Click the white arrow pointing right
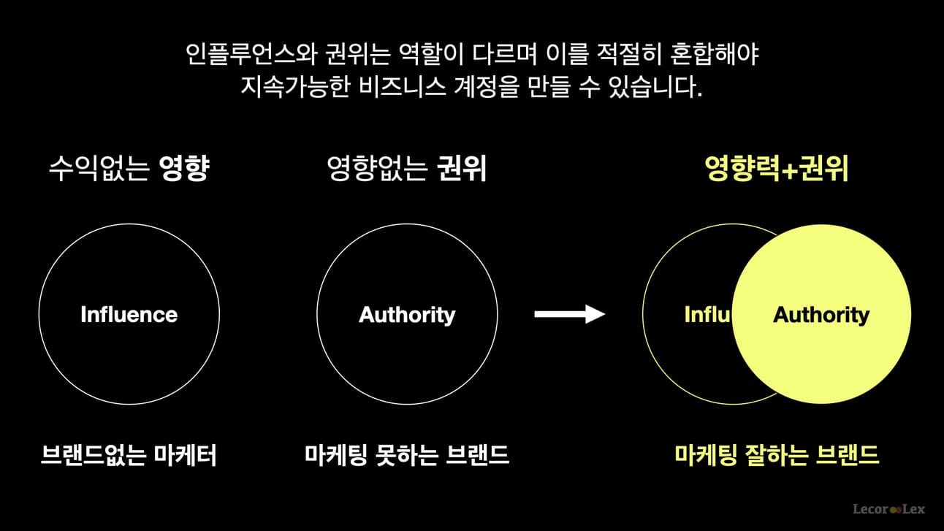[570, 314]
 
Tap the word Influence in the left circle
[129, 314]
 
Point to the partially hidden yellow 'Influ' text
[708, 314]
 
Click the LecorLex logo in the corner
[888, 509]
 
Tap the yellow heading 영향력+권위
[777, 169]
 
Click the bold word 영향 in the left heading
[184, 169]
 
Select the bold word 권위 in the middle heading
[462, 169]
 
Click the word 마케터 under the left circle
[185, 455]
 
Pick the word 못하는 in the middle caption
[406, 455]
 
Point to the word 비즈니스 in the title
[402, 87]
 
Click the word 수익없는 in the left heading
[99, 169]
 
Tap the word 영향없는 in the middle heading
[378, 169]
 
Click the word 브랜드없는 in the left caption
[94, 455]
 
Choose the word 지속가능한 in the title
[295, 87]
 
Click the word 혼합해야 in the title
[715, 54]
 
